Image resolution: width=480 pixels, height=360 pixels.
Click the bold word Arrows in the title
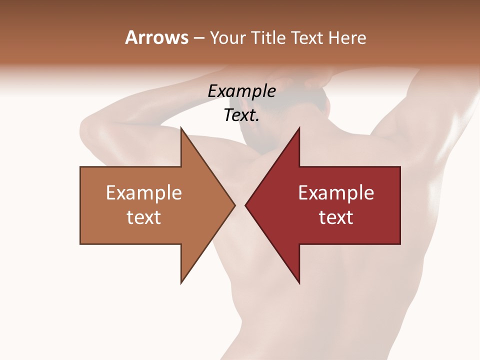156,37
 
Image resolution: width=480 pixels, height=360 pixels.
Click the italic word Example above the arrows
241,91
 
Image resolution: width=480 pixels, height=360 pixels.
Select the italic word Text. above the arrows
241,115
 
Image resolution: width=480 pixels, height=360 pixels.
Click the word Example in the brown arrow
144,192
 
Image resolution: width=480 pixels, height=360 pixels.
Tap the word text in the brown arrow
144,217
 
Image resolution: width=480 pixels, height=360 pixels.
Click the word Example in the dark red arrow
336,192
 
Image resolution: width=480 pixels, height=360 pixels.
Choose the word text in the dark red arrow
336,217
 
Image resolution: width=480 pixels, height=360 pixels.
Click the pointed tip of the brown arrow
234,205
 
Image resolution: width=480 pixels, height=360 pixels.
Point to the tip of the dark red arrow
245,205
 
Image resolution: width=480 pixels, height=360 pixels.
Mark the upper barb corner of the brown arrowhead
181,128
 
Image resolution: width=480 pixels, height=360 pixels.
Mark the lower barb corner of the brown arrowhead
181,283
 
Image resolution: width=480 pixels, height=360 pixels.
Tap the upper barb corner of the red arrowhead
299,128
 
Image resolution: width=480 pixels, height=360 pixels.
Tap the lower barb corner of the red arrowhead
299,283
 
